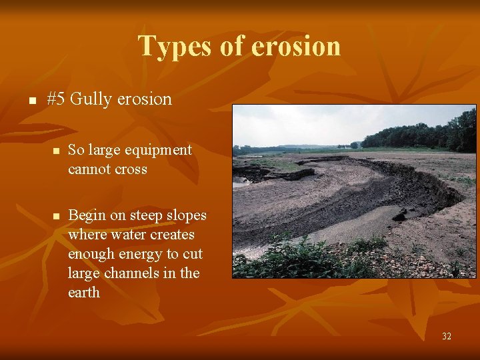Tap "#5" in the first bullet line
pyautogui.click(x=56, y=99)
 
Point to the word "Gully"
pyautogui.click(x=91, y=99)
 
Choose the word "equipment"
pyautogui.click(x=161, y=150)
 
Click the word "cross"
pyautogui.click(x=131, y=169)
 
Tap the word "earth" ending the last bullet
pyautogui.click(x=84, y=293)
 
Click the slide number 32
pyautogui.click(x=446, y=336)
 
